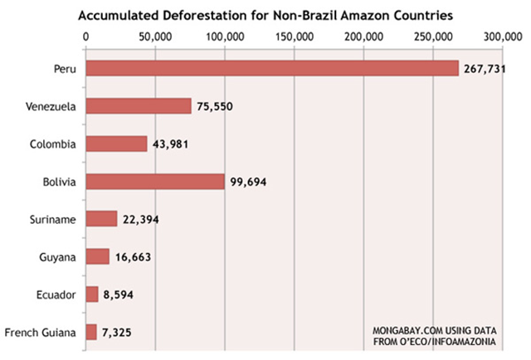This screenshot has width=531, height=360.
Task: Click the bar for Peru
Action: click(271, 68)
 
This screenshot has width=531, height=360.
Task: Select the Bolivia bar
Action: click(154, 181)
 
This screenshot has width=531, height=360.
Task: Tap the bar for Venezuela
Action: click(138, 106)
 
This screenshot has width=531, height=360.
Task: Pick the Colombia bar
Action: click(116, 144)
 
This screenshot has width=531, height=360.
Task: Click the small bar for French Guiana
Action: click(90, 332)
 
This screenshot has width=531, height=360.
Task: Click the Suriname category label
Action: click(53, 219)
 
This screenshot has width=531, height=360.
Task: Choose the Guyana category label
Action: click(57, 257)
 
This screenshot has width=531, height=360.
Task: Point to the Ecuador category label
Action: click(56, 294)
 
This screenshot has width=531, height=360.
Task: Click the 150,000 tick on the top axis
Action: click(294, 36)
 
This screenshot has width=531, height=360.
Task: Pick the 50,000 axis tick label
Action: click(154, 36)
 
